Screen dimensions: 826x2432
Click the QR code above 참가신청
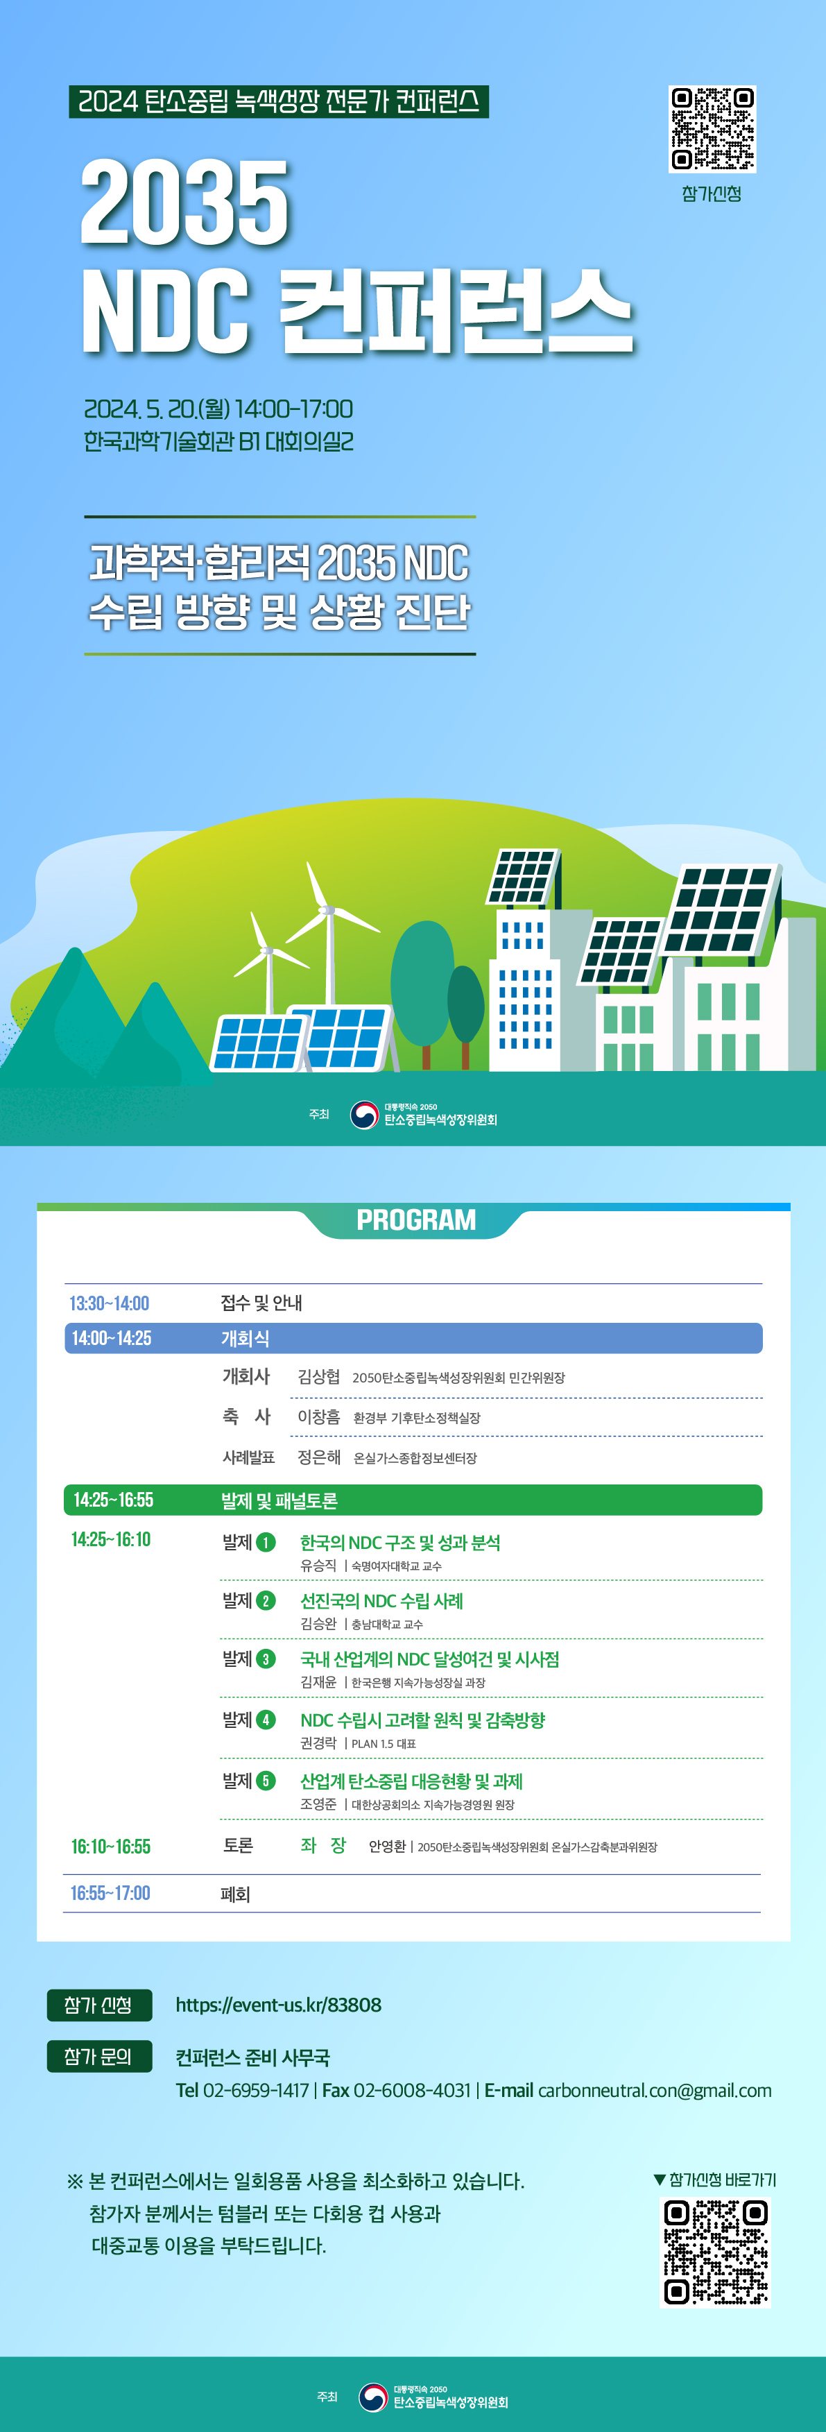[x=713, y=129]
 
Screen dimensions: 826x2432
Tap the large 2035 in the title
[x=185, y=202]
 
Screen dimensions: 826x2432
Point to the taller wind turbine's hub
[x=327, y=911]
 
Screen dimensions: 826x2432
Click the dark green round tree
[x=465, y=1004]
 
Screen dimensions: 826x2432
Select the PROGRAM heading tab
[x=415, y=1221]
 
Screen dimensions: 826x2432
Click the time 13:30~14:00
[x=110, y=1304]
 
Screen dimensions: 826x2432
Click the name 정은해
[x=319, y=1457]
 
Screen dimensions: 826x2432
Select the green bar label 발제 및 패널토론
[x=279, y=1500]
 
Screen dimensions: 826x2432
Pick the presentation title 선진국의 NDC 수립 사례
[x=381, y=1600]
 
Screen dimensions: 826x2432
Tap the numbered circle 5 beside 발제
[x=266, y=1781]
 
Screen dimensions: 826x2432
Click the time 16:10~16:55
[x=110, y=1847]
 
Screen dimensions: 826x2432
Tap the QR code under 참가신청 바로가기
[x=716, y=2252]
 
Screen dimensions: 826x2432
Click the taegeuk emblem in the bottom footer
[x=374, y=2397]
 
